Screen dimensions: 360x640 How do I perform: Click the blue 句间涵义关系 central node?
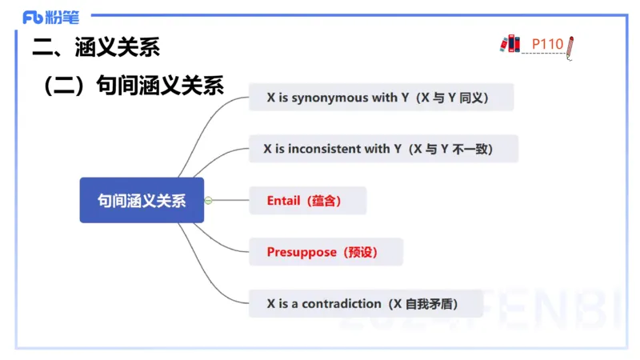142,200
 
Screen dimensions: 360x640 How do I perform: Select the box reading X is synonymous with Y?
381,98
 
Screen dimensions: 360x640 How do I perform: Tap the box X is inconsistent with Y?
383,149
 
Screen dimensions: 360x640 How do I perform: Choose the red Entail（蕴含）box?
307,201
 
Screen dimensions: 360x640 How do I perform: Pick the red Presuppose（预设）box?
326,252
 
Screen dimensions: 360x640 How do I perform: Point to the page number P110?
548,43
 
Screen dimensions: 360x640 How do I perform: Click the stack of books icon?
510,43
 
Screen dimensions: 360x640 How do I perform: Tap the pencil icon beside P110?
570,47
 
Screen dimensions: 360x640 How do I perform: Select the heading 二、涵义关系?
96,47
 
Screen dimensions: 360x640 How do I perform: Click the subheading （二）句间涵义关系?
133,85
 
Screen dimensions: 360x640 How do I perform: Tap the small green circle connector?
208,200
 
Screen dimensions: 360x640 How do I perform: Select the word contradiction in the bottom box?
341,303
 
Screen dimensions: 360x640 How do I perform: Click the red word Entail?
283,201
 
